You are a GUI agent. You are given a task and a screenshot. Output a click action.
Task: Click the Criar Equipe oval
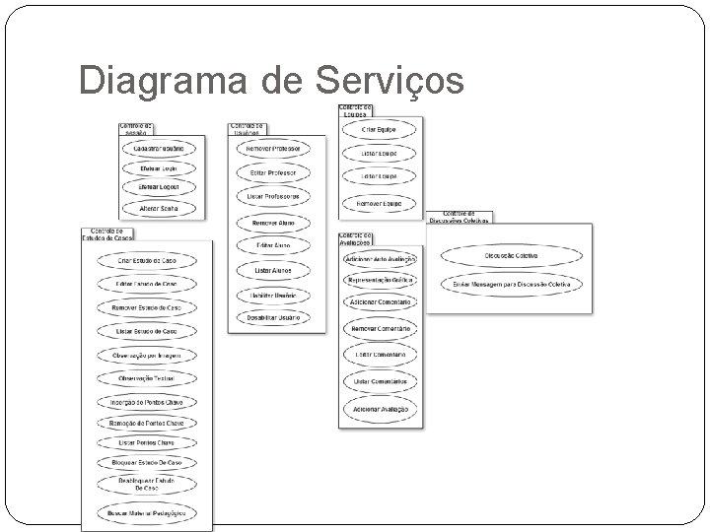(380, 130)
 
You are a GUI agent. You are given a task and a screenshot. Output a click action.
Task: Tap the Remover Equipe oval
(380, 203)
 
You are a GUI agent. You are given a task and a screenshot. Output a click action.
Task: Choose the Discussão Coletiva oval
(510, 256)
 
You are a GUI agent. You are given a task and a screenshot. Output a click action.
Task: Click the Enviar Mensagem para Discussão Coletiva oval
(510, 284)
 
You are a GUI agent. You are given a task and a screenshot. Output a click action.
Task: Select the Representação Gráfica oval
(380, 280)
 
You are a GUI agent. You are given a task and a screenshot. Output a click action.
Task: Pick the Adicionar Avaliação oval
(380, 408)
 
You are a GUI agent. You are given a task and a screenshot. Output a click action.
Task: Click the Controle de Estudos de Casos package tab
(107, 233)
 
